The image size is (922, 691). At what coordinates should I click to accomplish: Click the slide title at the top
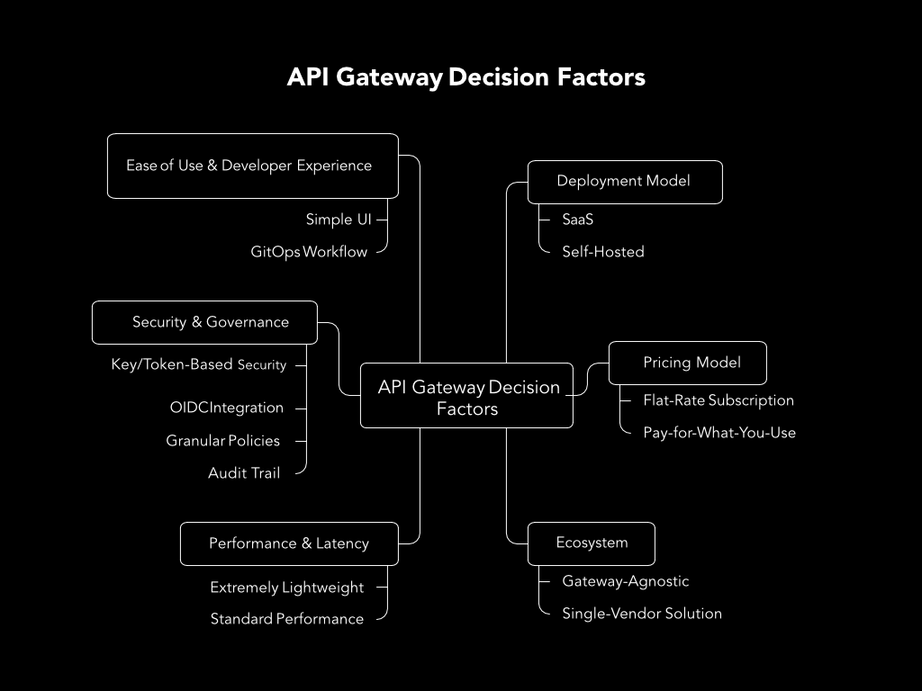[x=466, y=77]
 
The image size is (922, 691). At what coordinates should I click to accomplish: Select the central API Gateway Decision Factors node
[x=466, y=396]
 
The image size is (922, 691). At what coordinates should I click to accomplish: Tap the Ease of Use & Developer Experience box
[x=252, y=166]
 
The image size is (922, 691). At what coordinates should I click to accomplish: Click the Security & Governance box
[x=204, y=322]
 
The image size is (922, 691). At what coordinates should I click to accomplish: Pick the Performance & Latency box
[x=289, y=543]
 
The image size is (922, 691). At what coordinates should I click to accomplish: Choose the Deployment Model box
[x=624, y=182]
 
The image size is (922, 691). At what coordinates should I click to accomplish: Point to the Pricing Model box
[x=688, y=363]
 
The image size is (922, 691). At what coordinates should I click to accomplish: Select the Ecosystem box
[x=592, y=543]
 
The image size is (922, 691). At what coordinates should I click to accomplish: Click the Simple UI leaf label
[x=339, y=220]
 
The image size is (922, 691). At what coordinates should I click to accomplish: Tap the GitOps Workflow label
[x=309, y=252]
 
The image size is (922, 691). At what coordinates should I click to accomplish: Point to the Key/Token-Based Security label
[x=199, y=364]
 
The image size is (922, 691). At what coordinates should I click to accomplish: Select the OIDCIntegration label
[x=227, y=408]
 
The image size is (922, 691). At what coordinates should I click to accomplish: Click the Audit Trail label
[x=244, y=472]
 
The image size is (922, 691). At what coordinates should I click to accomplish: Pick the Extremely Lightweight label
[x=287, y=588]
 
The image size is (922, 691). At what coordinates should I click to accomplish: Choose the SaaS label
[x=578, y=220]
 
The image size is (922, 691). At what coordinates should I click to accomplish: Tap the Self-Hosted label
[x=603, y=252]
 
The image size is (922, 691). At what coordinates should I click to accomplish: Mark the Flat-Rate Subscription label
[x=719, y=400]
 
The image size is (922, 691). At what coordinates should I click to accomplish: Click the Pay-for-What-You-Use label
[x=719, y=433]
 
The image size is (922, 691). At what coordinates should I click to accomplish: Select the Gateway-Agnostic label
[x=626, y=581]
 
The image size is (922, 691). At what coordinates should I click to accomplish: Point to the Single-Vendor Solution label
[x=642, y=614]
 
